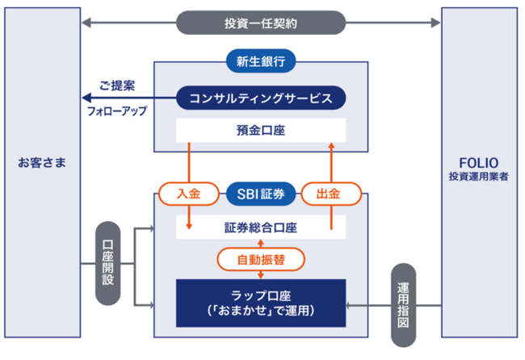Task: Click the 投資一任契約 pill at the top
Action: (261, 22)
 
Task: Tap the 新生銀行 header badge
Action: (261, 61)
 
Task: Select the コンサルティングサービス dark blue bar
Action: (261, 98)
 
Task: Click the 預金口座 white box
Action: (261, 130)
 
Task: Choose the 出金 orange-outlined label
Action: (331, 194)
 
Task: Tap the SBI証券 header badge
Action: (260, 194)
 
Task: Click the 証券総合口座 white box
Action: (261, 228)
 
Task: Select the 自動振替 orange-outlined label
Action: (261, 259)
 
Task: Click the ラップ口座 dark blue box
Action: (261, 302)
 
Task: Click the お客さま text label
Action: (42, 164)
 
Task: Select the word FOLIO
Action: (480, 161)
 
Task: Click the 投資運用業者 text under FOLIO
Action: (480, 176)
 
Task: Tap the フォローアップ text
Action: (117, 111)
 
